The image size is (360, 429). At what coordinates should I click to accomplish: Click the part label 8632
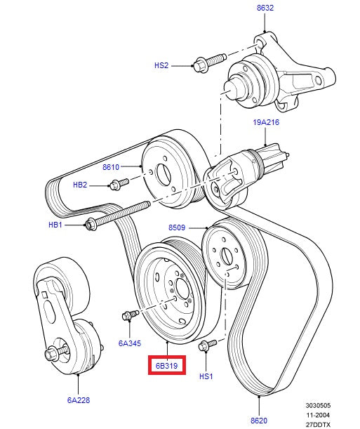(x=265, y=8)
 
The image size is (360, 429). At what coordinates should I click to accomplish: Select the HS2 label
(x=161, y=65)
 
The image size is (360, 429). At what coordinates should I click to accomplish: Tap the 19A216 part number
(x=266, y=122)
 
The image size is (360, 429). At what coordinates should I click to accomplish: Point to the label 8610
(x=112, y=168)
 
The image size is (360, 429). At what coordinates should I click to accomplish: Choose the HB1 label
(x=55, y=225)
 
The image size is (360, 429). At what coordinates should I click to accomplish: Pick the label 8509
(x=177, y=227)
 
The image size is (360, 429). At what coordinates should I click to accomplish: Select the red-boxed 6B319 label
(x=166, y=367)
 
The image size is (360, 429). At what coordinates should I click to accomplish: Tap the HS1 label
(x=206, y=376)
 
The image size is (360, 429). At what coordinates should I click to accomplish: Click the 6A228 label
(x=79, y=400)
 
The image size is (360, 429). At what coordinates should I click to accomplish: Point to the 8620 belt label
(x=260, y=421)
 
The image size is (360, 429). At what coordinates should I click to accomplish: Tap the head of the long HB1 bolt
(x=91, y=225)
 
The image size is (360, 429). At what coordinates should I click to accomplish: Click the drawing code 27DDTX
(x=319, y=424)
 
